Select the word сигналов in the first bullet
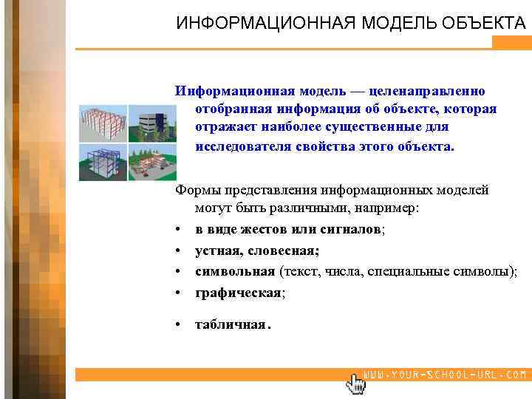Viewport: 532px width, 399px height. point(352,230)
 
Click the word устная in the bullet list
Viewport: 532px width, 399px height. point(216,250)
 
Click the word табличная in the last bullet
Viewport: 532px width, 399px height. point(230,324)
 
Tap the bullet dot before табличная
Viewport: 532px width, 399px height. point(181,324)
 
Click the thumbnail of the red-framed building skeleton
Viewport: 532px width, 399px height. point(103,123)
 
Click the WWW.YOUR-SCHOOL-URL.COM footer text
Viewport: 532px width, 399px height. point(446,375)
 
